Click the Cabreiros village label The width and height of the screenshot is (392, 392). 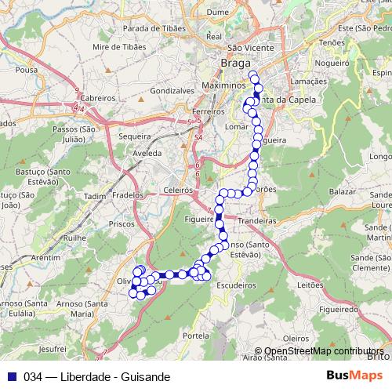pyautogui.click(x=98, y=98)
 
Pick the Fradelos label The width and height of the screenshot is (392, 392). pyautogui.click(x=127, y=194)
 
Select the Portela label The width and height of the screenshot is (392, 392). pyautogui.click(x=195, y=335)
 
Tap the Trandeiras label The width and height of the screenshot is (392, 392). pyautogui.click(x=258, y=221)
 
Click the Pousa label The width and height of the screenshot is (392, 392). pyautogui.click(x=26, y=69)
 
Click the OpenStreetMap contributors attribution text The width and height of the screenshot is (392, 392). pyautogui.click(x=324, y=351)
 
